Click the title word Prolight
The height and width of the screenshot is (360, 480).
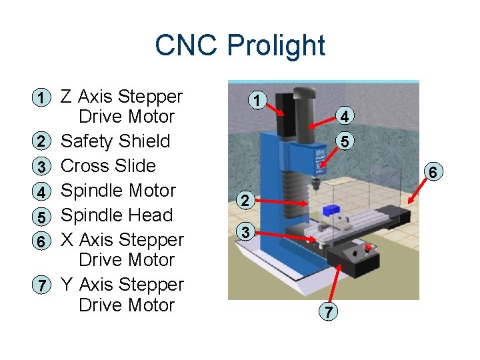tap(276, 46)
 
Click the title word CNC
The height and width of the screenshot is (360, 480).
tap(186, 45)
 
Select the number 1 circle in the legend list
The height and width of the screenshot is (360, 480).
tap(41, 97)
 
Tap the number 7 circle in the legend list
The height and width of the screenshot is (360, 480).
tap(41, 285)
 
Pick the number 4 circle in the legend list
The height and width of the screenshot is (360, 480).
tap(41, 191)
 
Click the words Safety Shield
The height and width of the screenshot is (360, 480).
tap(115, 141)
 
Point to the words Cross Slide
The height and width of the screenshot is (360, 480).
tap(108, 165)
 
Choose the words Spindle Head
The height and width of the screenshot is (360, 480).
tap(117, 215)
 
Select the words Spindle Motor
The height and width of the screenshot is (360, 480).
tap(118, 191)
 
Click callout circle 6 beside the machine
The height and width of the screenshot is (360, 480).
tap(433, 172)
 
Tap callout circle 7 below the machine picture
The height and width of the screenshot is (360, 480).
tap(328, 311)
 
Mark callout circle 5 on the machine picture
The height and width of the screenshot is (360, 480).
tap(345, 141)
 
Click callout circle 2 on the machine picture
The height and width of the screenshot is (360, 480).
tap(245, 201)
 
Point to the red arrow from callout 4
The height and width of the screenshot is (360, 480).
tap(322, 122)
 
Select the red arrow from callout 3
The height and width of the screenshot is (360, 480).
tap(285, 236)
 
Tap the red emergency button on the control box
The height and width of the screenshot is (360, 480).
tap(368, 247)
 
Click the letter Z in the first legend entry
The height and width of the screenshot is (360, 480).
tap(67, 96)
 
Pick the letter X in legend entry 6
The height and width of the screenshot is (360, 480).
tap(67, 239)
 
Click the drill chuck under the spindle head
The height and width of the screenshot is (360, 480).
tap(315, 183)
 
